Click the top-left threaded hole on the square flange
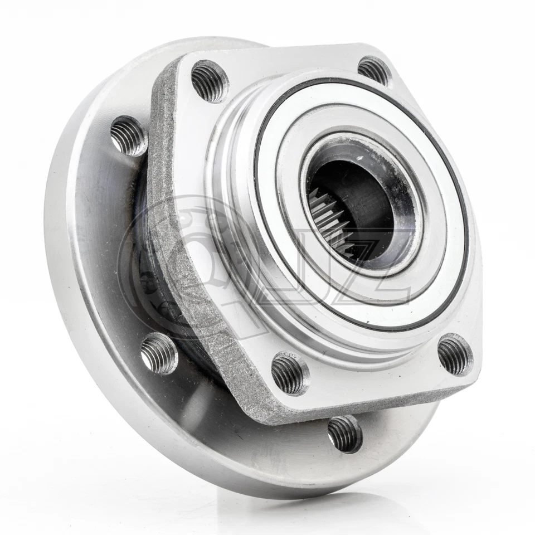(210, 81)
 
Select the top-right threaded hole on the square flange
(374, 71)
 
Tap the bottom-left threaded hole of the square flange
(290, 373)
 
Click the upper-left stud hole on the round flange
(128, 135)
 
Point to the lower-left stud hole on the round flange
(159, 353)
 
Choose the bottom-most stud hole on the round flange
(345, 434)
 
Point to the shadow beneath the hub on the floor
(334, 504)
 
